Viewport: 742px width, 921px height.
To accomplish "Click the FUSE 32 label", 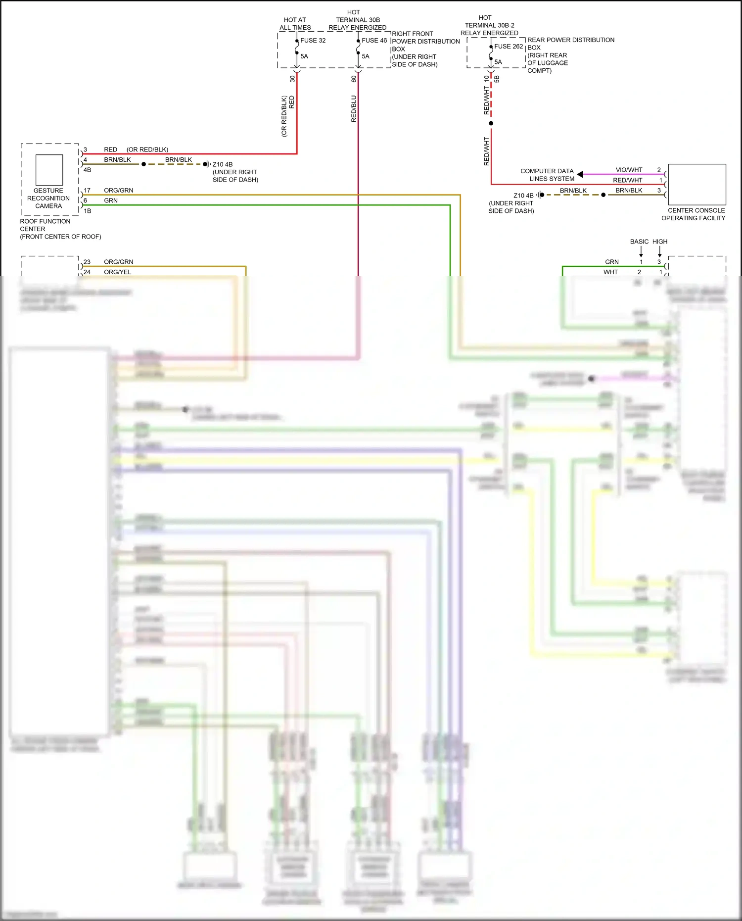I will tap(313, 41).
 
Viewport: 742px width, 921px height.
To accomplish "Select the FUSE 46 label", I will tap(374, 41).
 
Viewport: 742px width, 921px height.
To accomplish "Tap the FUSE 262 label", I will tap(508, 47).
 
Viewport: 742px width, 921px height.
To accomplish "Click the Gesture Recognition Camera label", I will tap(48, 198).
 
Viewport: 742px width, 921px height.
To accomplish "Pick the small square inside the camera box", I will tap(49, 170).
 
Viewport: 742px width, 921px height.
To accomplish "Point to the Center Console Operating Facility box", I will tap(696, 184).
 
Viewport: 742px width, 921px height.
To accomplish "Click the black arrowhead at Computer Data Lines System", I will tap(580, 174).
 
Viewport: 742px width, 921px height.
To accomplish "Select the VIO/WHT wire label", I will tap(629, 170).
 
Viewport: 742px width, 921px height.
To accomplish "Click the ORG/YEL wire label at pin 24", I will tap(117, 272).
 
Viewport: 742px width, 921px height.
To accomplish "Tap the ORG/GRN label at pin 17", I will tap(118, 191).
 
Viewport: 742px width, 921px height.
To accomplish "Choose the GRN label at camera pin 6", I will tap(111, 200).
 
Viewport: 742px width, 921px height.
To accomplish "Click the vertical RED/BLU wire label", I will tap(354, 109).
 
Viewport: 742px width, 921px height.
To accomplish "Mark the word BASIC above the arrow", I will tap(639, 242).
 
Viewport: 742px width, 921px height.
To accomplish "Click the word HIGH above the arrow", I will tap(660, 242).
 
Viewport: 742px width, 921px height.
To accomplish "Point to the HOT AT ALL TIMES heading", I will tap(295, 24).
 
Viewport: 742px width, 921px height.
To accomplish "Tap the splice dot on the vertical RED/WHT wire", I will tap(491, 123).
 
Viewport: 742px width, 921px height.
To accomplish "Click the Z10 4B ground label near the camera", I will tap(223, 164).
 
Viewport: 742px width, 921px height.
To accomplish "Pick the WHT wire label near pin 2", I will tap(610, 272).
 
